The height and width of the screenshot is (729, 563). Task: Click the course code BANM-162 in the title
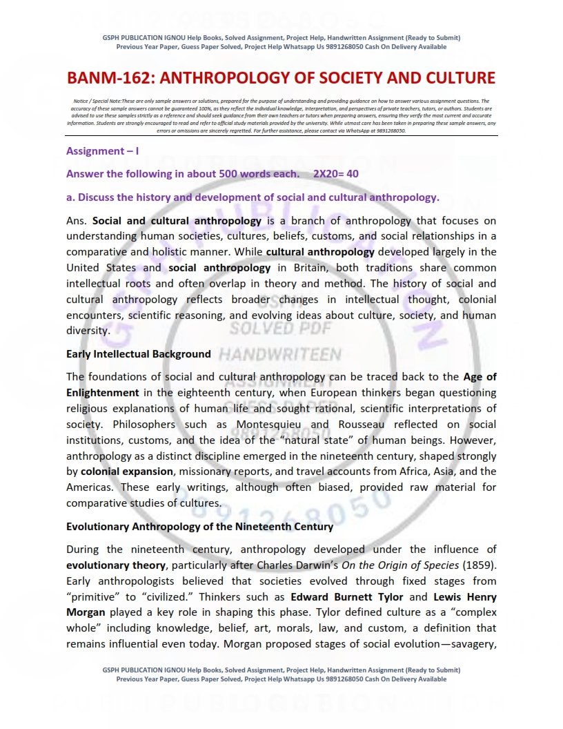[x=115, y=77]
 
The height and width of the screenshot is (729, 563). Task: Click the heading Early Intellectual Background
[x=138, y=354]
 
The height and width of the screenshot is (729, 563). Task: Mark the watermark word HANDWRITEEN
[x=279, y=355]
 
